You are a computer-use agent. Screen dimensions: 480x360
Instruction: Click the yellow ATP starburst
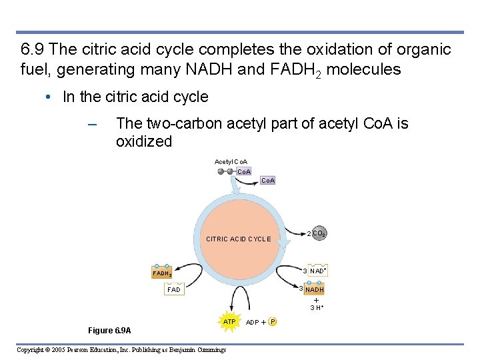click(229, 322)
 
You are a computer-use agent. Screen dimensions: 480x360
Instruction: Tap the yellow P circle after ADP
click(273, 323)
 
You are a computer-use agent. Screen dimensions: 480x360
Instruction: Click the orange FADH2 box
click(163, 273)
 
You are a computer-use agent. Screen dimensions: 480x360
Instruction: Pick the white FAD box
click(175, 290)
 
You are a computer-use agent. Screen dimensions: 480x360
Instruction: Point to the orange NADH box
click(314, 290)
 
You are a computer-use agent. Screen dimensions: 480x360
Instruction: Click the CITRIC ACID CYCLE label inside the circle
click(239, 239)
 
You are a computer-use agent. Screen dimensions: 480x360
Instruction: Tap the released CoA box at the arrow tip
click(268, 181)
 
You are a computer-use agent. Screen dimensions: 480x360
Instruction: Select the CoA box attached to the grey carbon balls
click(244, 171)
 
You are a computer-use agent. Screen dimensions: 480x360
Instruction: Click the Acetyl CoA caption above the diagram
click(231, 161)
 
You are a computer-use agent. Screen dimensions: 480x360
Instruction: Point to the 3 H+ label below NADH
click(317, 307)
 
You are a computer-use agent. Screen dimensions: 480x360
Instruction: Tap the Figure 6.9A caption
click(110, 331)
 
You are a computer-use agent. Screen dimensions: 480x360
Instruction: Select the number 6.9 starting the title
click(33, 49)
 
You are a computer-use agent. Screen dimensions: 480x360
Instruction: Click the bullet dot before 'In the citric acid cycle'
click(49, 97)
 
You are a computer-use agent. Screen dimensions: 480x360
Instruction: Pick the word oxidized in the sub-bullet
click(144, 141)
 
